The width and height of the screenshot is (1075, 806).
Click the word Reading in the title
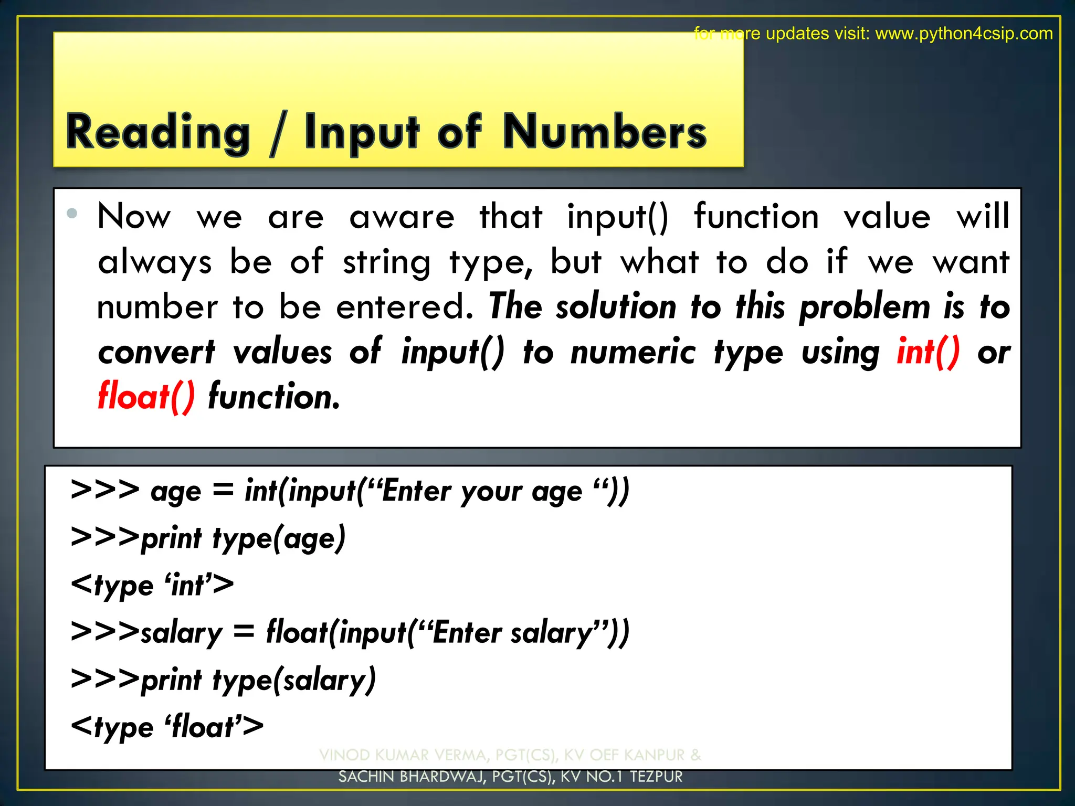158,132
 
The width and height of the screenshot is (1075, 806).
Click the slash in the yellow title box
277,134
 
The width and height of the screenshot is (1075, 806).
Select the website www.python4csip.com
964,34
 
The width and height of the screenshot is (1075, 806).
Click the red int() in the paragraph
928,352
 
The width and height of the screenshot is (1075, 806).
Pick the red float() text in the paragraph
146,396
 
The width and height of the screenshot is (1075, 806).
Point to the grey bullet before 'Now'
72,213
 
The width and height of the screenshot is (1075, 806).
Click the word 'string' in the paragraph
386,262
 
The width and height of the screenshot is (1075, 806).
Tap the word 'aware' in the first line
402,217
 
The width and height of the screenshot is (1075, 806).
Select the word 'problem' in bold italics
865,307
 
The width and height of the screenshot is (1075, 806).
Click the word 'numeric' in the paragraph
633,352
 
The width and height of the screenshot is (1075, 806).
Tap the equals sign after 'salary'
244,631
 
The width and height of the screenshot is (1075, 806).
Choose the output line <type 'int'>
152,585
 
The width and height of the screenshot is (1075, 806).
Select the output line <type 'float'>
167,727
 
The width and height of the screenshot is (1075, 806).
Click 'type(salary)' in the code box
294,680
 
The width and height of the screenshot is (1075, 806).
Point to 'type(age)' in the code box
279,538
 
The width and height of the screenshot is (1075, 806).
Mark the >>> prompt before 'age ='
105,490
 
